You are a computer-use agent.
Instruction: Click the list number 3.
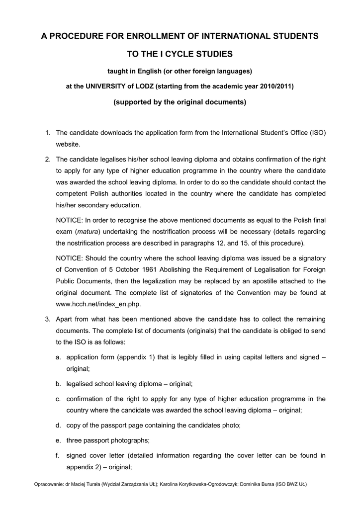48,319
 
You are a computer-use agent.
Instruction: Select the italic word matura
88,231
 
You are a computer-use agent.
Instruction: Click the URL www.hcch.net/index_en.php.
92,303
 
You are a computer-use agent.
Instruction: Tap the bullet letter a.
58,357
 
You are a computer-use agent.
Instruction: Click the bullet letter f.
58,455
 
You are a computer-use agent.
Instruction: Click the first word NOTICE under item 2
70,219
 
